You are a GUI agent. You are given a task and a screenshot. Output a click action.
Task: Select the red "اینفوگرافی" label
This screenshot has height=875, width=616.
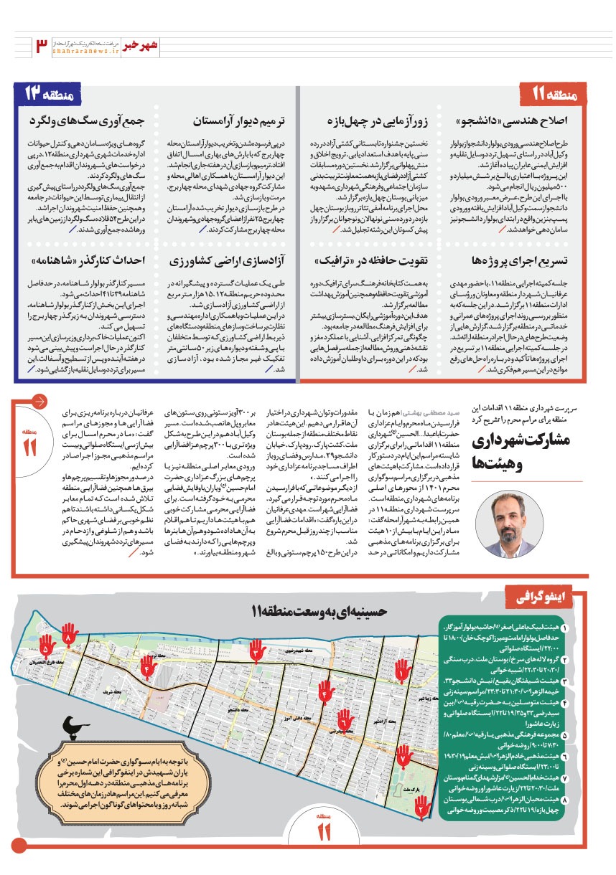coord(552,596)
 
